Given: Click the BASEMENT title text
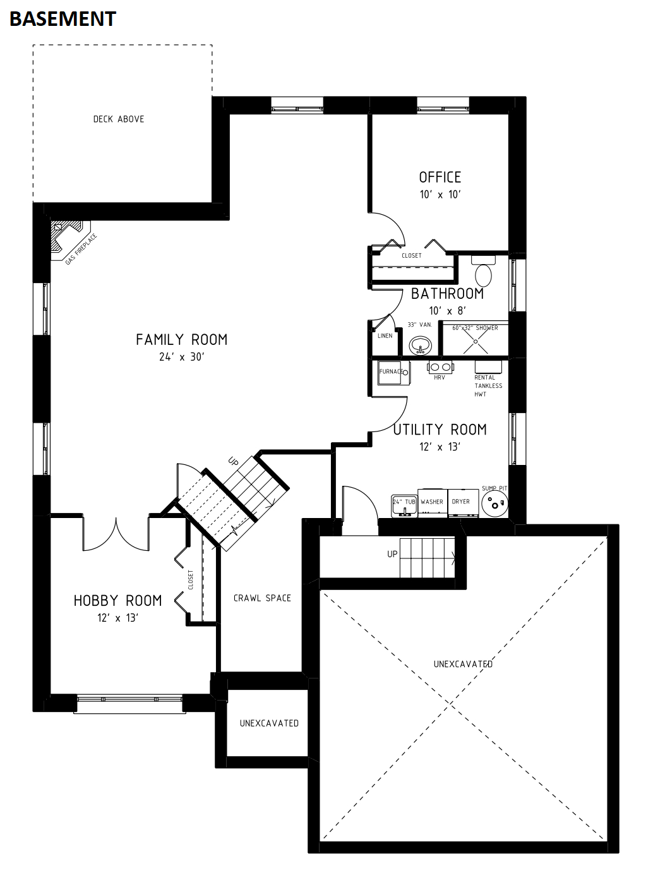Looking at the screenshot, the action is click(x=63, y=19).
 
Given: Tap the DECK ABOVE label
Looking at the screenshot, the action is click(x=119, y=119).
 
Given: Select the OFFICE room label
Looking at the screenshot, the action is click(x=440, y=177).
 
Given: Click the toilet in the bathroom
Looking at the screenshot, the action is click(x=483, y=271).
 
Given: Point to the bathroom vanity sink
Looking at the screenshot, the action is click(x=420, y=346).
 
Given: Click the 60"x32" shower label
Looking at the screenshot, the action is click(x=476, y=328).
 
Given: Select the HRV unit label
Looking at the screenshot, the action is click(x=440, y=377).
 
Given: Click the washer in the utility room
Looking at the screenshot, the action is click(x=432, y=503).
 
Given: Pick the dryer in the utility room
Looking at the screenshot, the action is click(x=464, y=503).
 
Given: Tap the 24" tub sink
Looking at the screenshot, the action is click(x=404, y=506).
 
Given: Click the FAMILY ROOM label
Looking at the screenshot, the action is click(x=182, y=340).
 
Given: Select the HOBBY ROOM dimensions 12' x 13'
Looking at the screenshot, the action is click(x=117, y=618).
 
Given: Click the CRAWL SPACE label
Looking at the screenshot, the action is click(x=262, y=598).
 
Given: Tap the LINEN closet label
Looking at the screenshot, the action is click(x=385, y=335).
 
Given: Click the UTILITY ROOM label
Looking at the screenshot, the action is click(x=440, y=430).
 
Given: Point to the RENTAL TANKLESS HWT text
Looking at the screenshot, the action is click(x=488, y=385).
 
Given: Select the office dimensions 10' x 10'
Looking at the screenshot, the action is click(x=440, y=195).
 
